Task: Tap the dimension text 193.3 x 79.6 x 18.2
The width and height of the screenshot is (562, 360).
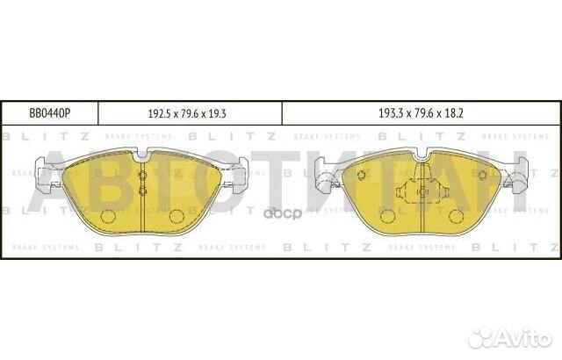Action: [x=420, y=113]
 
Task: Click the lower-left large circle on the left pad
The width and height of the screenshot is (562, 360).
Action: [x=109, y=215]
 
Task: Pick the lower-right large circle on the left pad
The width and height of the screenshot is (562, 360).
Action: [x=176, y=215]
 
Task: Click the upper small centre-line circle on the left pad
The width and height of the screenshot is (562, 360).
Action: [x=142, y=175]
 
